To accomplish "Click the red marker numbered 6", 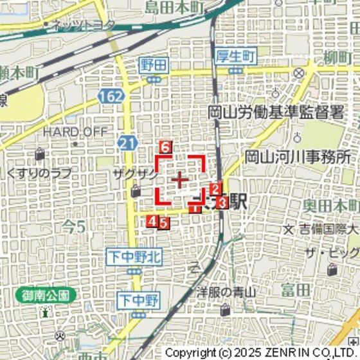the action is (165, 147).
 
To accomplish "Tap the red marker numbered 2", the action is (216, 189).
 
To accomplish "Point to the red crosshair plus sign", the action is (180, 179).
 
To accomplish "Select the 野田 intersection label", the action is (154, 64).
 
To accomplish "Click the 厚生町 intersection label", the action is (236, 55).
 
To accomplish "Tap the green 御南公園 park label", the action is (45, 296).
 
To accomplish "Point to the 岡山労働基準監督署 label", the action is (276, 113).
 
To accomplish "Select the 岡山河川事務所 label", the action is (299, 156).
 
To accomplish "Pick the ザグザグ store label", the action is (134, 174).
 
